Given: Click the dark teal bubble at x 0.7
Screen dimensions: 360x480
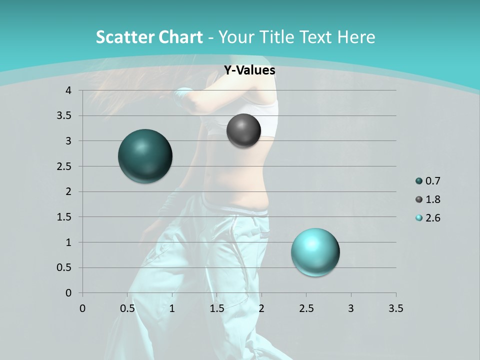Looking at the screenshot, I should pyautogui.click(x=145, y=156).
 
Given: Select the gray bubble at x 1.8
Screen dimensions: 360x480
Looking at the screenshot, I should pyautogui.click(x=243, y=130).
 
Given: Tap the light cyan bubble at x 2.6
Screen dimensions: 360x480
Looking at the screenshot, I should pyautogui.click(x=315, y=252).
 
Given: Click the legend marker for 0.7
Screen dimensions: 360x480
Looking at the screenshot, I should pyautogui.click(x=418, y=181).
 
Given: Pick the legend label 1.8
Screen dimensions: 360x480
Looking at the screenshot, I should pyautogui.click(x=432, y=199).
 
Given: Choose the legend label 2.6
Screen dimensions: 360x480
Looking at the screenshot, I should pyautogui.click(x=432, y=218).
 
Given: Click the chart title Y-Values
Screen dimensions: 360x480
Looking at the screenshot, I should pyautogui.click(x=249, y=70).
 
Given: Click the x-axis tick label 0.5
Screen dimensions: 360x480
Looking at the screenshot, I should pyautogui.click(x=127, y=308).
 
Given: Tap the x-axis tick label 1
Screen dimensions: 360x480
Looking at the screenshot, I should pyautogui.click(x=172, y=308).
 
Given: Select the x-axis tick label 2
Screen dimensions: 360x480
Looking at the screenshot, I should pyautogui.click(x=261, y=308).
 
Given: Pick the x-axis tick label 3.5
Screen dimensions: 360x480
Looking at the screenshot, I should pyautogui.click(x=395, y=308).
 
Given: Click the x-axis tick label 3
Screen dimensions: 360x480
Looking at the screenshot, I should pyautogui.click(x=351, y=308).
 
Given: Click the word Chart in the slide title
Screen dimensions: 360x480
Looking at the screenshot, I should pyautogui.click(x=181, y=37).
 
